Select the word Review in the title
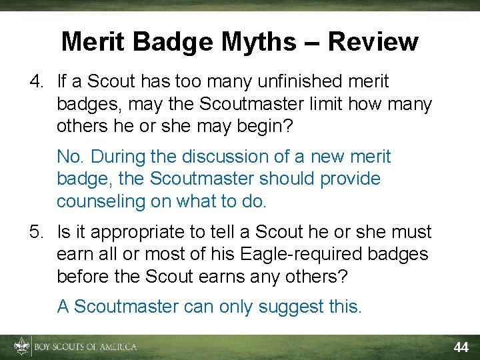pyautogui.click(x=373, y=42)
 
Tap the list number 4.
pyautogui.click(x=36, y=82)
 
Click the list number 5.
pyautogui.click(x=36, y=233)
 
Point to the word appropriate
pyautogui.click(x=133, y=233)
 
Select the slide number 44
pyautogui.click(x=461, y=347)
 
